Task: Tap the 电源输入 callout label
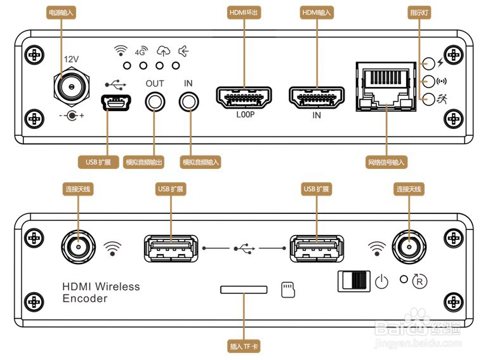(x=62, y=12)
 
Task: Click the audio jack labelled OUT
(x=154, y=101)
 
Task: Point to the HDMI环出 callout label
(x=244, y=12)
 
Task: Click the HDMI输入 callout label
(x=317, y=12)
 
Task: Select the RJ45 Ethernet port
(x=385, y=86)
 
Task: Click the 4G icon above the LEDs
(x=141, y=52)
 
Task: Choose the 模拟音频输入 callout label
(x=200, y=163)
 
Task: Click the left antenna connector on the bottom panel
(x=78, y=245)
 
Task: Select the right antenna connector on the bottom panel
(x=408, y=245)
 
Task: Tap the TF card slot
(x=244, y=290)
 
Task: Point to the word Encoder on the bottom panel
(x=85, y=298)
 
